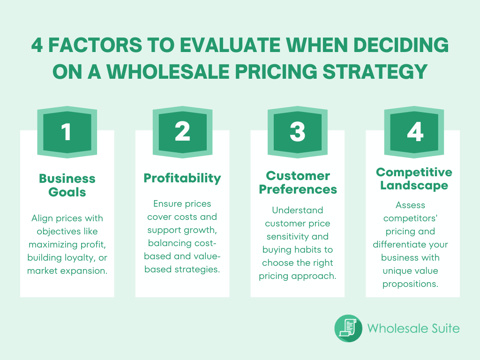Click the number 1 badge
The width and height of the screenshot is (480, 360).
[x=67, y=132]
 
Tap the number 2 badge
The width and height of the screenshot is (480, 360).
[x=182, y=132]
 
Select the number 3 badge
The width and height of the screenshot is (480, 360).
[x=298, y=132]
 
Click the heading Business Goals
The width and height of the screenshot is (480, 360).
[x=67, y=185]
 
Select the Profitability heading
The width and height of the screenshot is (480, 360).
[x=182, y=178]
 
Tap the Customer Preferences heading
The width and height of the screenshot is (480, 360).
[x=298, y=183]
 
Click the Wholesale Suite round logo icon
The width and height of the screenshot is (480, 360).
[x=348, y=328]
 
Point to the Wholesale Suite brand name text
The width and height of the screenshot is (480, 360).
[x=413, y=328]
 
